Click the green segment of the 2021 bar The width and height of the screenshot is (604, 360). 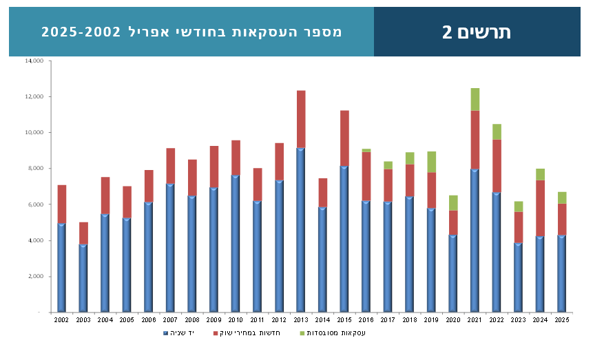pyautogui.click(x=475, y=99)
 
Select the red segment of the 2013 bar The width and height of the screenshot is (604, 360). pyautogui.click(x=301, y=118)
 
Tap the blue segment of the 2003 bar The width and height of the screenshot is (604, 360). pyautogui.click(x=83, y=277)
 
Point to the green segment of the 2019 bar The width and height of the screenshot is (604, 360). pyautogui.click(x=431, y=162)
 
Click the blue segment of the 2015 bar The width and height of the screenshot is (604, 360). pyautogui.click(x=344, y=238)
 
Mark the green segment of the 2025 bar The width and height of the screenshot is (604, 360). pyautogui.click(x=562, y=198)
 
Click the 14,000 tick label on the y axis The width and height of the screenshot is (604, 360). pyautogui.click(x=34, y=61)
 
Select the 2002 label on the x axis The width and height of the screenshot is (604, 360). pyautogui.click(x=61, y=320)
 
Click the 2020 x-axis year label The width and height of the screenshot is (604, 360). pyautogui.click(x=453, y=320)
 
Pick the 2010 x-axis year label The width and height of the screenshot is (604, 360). pyautogui.click(x=236, y=320)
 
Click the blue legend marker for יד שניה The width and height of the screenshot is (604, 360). pyautogui.click(x=166, y=333)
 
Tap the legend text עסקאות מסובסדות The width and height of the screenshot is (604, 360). pyautogui.click(x=336, y=333)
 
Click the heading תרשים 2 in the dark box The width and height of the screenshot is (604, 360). pyautogui.click(x=477, y=32)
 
